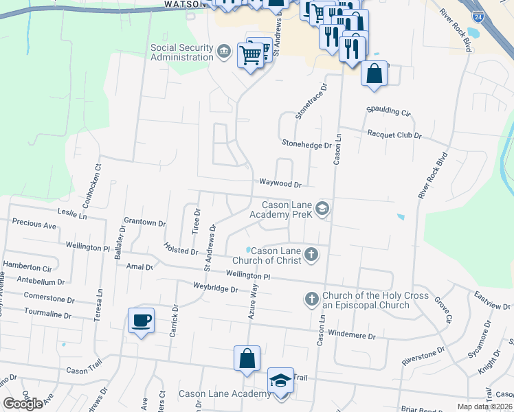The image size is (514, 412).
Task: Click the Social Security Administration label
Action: tap(182, 52)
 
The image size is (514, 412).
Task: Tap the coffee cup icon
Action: tap(142, 321)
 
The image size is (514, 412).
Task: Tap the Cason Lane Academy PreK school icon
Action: tap(322, 209)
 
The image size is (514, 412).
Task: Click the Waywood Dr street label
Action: tap(280, 184)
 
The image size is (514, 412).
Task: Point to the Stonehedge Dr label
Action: tap(307, 144)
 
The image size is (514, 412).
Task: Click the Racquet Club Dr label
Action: tap(394, 135)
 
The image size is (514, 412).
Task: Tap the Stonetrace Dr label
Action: tap(310, 102)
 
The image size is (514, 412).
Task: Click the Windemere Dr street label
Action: tap(353, 336)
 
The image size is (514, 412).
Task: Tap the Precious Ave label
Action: tap(34, 225)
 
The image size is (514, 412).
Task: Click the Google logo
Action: tap(23, 404)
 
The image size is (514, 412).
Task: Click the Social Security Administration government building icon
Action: tap(225, 52)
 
